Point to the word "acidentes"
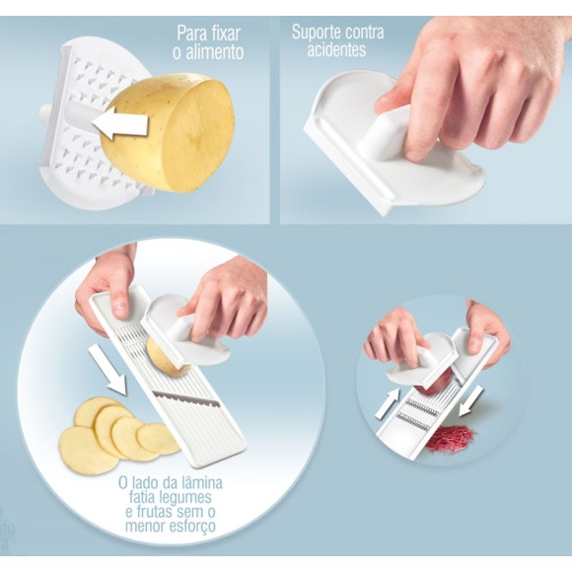coord(336,49)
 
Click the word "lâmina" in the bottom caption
coord(200,482)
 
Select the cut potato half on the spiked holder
coord(168,133)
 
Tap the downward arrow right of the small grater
coord(471,400)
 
